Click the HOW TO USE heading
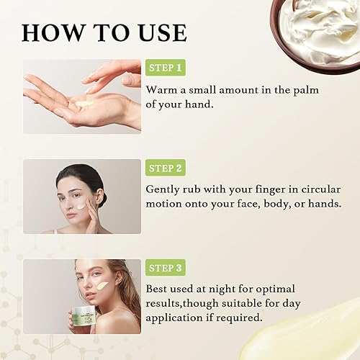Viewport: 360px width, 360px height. [104, 32]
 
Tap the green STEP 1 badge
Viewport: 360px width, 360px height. [166, 68]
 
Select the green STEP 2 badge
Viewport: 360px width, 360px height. [166, 168]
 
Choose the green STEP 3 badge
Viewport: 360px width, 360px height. [166, 268]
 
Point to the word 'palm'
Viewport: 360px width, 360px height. [302, 90]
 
